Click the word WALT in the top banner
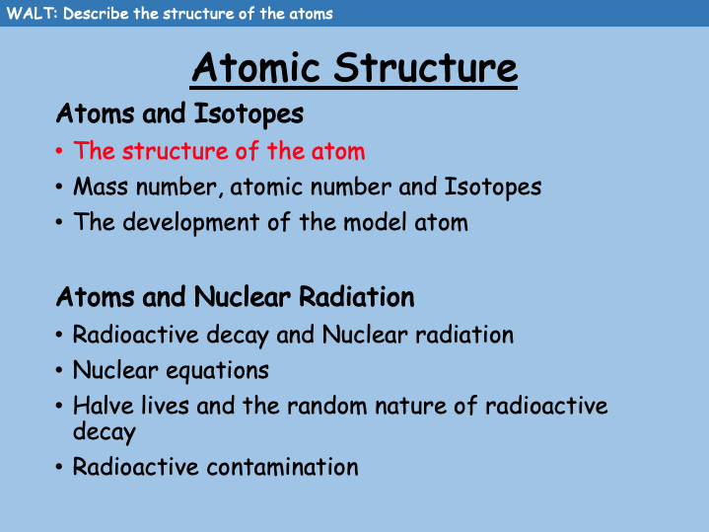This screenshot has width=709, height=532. click(x=25, y=14)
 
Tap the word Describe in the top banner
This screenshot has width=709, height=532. click(x=96, y=14)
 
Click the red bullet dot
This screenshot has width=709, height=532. click(x=60, y=152)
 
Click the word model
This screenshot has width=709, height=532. click(x=374, y=222)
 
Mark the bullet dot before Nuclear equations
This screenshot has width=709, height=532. click(x=60, y=371)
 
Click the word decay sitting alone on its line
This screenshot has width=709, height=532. click(x=104, y=431)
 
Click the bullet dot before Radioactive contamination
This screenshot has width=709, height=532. click(x=60, y=467)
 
